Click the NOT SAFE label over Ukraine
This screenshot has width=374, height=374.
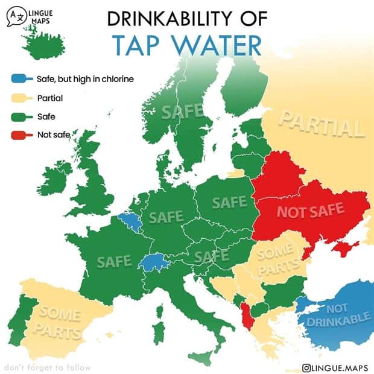click(x=309, y=211)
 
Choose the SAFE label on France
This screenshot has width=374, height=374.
click(x=114, y=261)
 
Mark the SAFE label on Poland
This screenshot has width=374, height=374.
click(x=229, y=202)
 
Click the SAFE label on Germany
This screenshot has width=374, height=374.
click(x=166, y=216)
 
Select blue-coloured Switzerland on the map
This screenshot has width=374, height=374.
click(x=154, y=262)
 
